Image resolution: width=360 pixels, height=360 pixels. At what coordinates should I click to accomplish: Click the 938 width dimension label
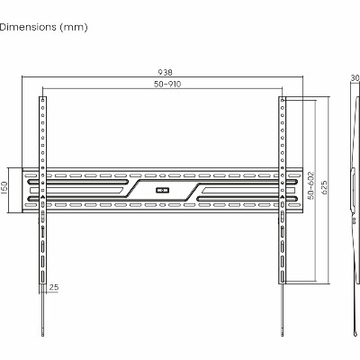click(165, 72)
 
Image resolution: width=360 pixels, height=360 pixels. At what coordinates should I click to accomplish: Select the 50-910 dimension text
click(167, 85)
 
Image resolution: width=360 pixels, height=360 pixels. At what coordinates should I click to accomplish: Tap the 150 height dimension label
click(4, 188)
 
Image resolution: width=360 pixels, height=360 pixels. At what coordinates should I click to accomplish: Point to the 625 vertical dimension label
click(324, 188)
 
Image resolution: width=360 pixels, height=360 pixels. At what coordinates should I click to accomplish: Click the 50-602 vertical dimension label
click(311, 185)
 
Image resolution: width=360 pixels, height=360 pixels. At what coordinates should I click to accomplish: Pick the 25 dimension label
click(54, 287)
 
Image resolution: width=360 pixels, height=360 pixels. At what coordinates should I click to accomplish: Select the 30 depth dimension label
click(355, 78)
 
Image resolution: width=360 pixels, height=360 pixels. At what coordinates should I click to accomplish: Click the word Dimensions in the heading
click(28, 27)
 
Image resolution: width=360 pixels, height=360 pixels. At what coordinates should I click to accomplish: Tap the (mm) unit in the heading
click(74, 27)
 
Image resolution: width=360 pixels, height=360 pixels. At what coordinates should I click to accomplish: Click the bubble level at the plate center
click(162, 190)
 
